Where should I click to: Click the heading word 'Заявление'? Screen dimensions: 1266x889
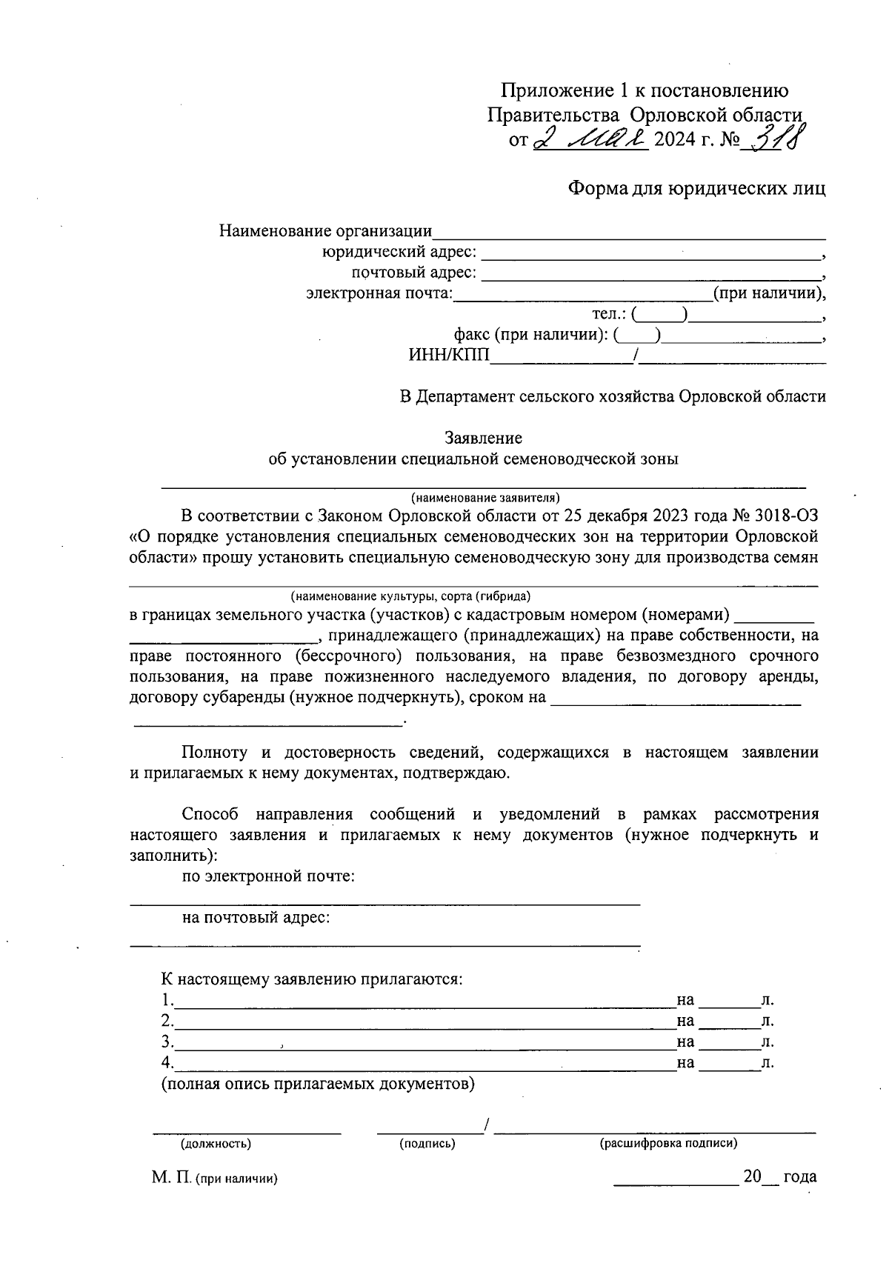(x=483, y=439)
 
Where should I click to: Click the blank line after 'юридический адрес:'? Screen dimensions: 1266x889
(x=652, y=254)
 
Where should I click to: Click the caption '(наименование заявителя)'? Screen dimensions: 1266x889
(x=486, y=497)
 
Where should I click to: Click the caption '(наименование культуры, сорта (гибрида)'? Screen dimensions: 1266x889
(x=410, y=596)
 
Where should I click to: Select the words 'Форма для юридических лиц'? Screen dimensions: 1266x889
(x=696, y=189)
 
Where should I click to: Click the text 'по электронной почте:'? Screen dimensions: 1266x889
(x=269, y=876)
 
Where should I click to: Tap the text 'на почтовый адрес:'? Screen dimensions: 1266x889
(x=256, y=918)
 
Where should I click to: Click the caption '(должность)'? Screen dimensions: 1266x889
(x=216, y=1143)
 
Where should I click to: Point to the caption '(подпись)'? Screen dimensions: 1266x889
(x=427, y=1143)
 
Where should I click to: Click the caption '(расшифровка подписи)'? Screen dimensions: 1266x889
(x=668, y=1143)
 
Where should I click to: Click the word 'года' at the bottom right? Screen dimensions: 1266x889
(x=799, y=1176)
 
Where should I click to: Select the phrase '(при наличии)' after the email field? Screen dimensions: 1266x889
(x=768, y=294)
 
